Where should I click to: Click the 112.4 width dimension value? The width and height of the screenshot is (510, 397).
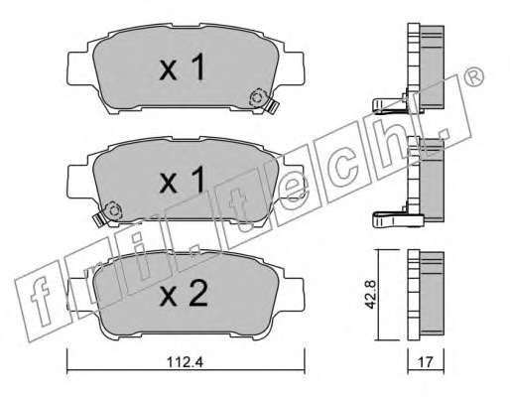(185, 362)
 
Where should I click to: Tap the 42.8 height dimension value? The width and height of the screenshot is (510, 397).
(371, 295)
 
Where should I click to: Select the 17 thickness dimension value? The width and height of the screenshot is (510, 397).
(426, 362)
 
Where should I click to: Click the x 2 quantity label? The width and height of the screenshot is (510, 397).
(184, 294)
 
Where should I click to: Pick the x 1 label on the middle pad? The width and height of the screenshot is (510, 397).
(182, 180)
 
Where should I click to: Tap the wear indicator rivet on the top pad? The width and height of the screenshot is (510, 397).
(257, 98)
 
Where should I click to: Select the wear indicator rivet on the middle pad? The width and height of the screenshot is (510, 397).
(113, 210)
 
